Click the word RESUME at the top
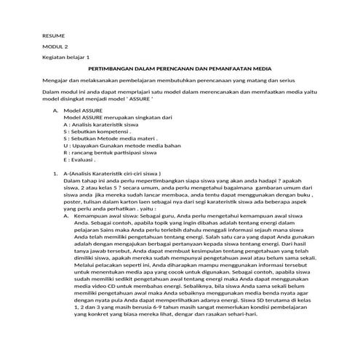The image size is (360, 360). (53, 36)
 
